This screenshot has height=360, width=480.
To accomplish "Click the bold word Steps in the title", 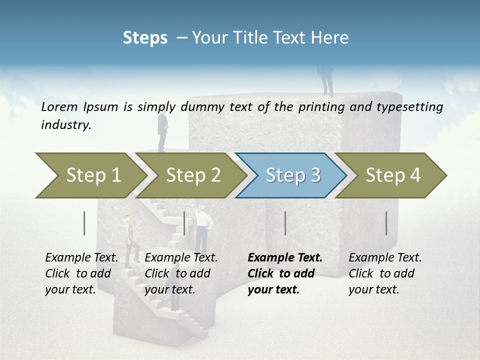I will click(145, 38).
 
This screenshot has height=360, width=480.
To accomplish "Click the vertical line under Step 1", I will click(84, 223).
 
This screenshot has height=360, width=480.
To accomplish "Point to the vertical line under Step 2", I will click(184, 223).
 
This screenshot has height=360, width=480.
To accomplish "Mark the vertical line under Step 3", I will click(285, 223).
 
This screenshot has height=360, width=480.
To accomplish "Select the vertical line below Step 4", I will click(386, 223).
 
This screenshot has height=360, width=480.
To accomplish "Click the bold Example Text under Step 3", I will click(285, 273).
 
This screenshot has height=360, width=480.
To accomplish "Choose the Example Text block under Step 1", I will click(81, 273).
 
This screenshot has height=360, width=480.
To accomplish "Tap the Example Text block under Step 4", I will click(385, 273).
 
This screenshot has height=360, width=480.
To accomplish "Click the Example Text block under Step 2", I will click(181, 273).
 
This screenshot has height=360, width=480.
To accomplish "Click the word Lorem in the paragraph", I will click(60, 106).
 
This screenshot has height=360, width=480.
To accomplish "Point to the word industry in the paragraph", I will click(66, 125).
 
